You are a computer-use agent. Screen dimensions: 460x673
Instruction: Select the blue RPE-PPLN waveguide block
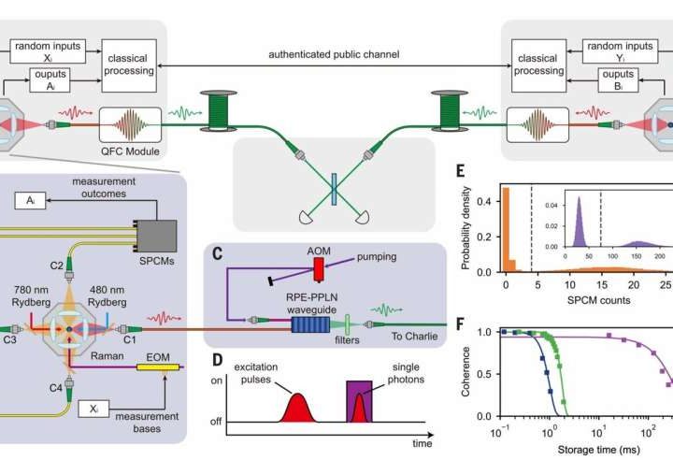(x=309, y=324)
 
